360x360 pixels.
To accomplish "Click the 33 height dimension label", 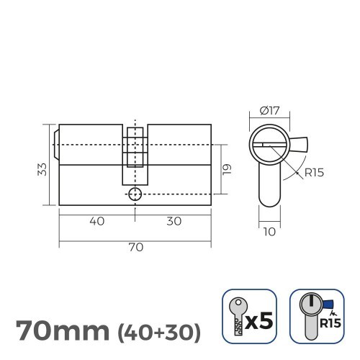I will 42,169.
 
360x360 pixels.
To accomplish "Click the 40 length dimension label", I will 96,222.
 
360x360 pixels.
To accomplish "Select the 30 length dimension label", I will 174,222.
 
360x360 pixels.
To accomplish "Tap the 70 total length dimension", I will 135,247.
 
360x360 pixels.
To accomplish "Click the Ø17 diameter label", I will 270,111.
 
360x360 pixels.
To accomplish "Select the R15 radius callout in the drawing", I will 312,173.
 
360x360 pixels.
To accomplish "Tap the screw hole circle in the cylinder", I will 135,194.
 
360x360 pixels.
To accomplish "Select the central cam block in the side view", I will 135,153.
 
